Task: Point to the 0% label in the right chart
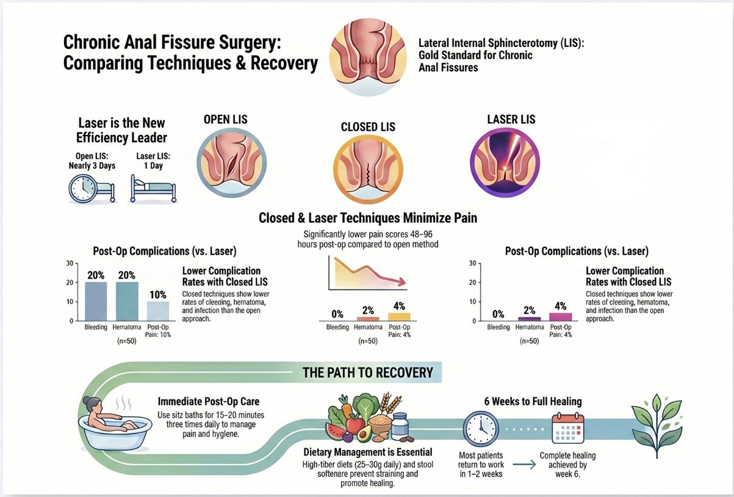(498, 314)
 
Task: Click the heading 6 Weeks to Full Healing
(533, 401)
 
